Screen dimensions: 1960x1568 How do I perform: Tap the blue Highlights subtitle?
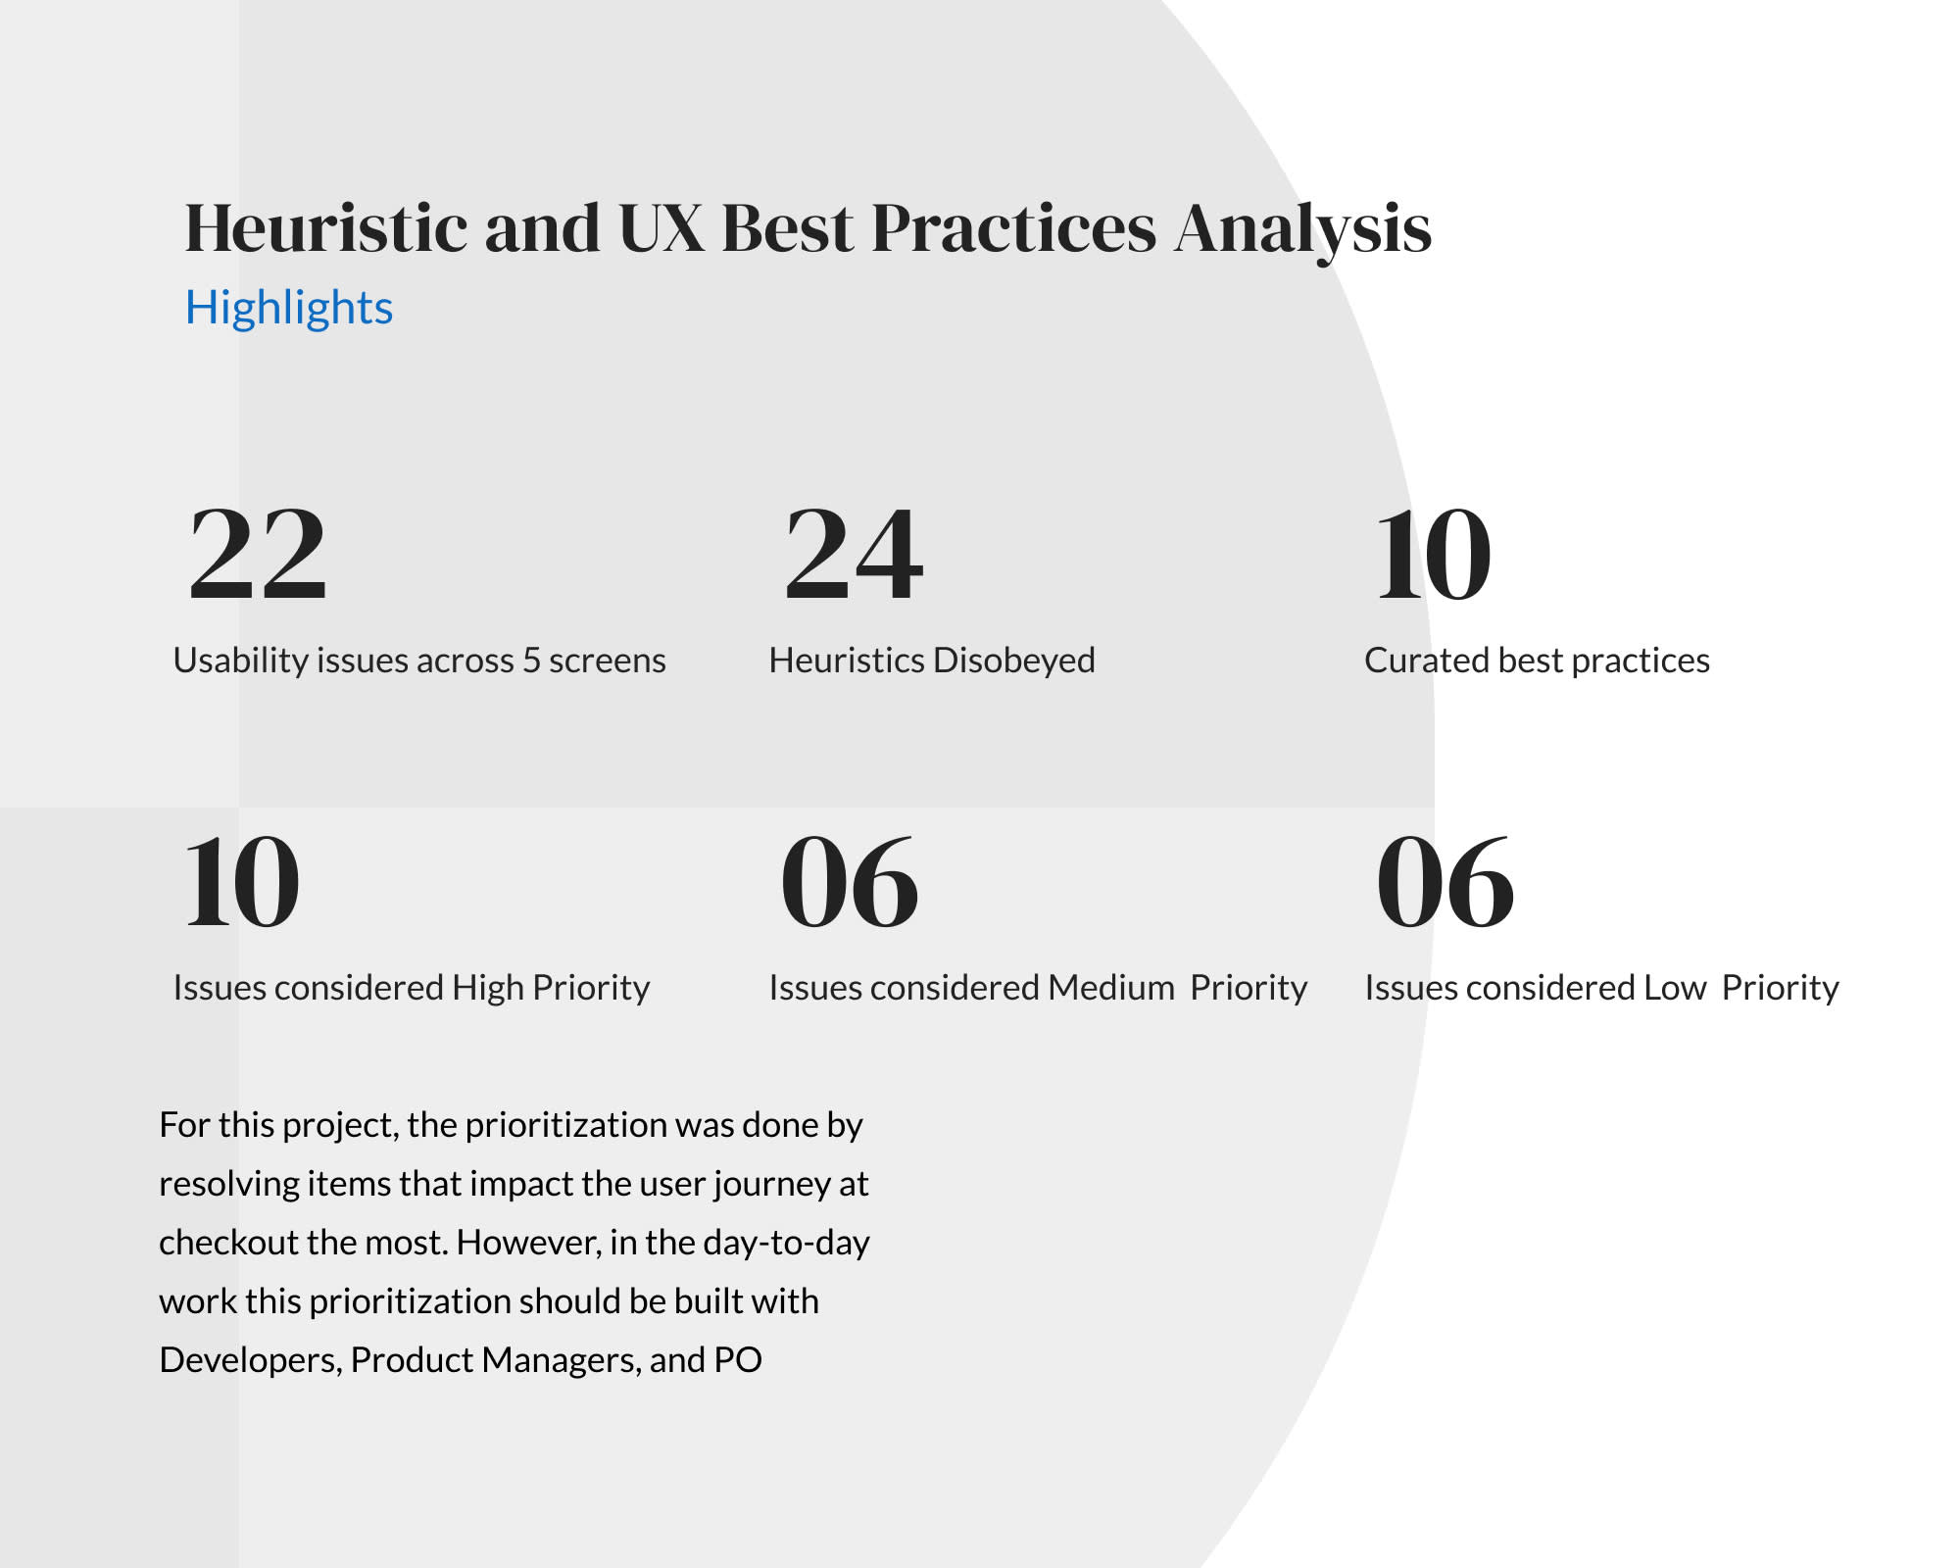(x=289, y=309)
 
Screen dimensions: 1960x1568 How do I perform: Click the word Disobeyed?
(x=1013, y=661)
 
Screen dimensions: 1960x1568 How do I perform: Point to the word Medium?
(x=1111, y=988)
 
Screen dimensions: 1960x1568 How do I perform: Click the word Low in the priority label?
(x=1676, y=988)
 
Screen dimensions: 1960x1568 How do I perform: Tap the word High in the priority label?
(x=488, y=989)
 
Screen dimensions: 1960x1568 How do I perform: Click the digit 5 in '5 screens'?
(x=531, y=661)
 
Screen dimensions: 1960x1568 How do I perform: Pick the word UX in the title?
(x=661, y=228)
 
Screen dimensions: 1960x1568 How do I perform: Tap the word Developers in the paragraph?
(x=251, y=1361)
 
